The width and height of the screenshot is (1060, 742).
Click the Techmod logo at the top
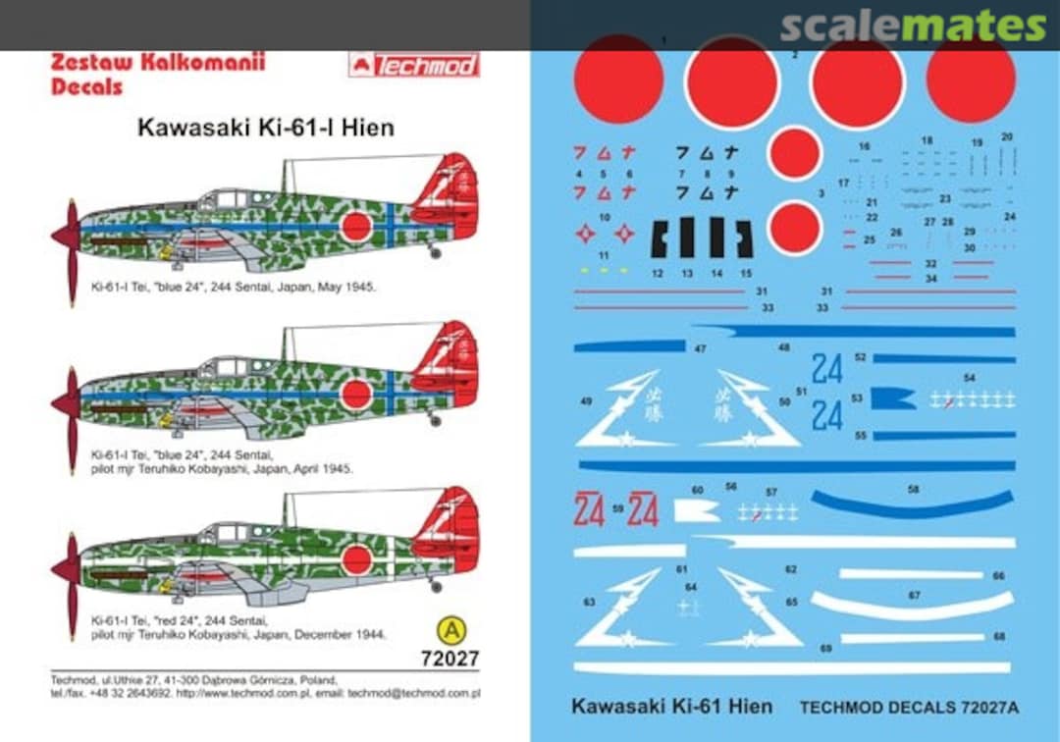(413, 65)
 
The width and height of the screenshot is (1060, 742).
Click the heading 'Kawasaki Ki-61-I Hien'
(265, 128)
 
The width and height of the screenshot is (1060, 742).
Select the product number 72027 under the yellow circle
(449, 657)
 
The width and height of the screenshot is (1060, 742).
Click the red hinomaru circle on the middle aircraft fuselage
(356, 395)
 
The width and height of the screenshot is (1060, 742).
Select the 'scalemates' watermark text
(913, 26)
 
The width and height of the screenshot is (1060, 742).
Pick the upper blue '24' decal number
(827, 368)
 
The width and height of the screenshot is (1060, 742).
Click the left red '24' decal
(589, 510)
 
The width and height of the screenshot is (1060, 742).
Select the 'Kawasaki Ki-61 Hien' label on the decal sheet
(671, 706)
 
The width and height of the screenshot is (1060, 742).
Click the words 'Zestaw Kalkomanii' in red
(157, 63)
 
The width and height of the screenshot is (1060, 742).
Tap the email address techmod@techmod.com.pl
(433, 693)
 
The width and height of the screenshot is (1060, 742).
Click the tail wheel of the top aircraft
(435, 253)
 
